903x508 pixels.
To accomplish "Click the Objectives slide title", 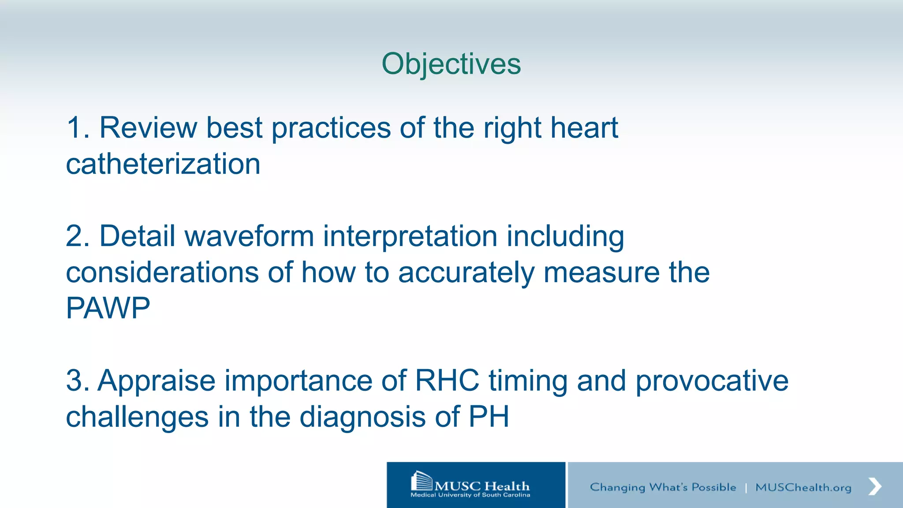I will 451,64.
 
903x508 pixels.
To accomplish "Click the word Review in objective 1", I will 148,128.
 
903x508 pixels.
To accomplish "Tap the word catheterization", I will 163,164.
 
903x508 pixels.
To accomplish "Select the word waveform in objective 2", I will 249,236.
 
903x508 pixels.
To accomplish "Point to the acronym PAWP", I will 108,308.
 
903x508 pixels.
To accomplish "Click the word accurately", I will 466,273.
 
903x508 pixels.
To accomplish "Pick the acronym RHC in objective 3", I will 447,381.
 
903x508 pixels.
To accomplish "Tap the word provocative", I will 712,381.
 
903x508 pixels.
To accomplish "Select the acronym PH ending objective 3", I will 489,417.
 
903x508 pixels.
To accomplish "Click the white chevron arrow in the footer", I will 875,486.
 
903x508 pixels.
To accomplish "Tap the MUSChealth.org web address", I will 803,487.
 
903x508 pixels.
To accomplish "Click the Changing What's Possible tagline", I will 663,487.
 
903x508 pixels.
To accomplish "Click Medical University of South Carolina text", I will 470,495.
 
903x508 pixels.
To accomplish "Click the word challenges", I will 137,417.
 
